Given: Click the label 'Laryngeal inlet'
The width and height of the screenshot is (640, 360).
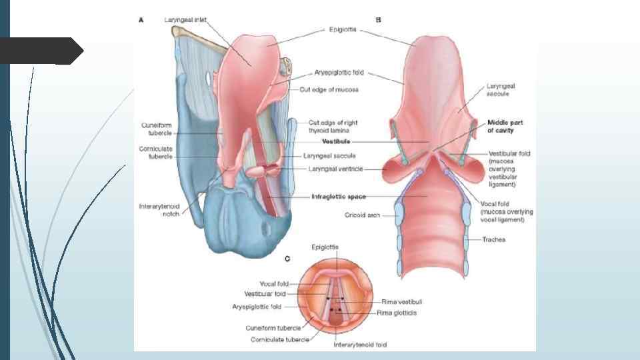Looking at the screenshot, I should point(185,20).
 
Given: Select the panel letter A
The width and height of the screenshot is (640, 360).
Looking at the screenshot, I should point(141,20).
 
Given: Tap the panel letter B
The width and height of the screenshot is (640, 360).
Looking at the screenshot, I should point(379,20).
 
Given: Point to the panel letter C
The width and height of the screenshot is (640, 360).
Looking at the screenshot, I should point(287,258).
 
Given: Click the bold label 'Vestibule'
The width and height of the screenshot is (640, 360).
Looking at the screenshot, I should point(336,141).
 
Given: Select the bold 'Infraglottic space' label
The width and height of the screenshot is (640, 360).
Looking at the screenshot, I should point(338,197).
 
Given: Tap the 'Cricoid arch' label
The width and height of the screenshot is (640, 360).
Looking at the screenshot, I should point(363,215).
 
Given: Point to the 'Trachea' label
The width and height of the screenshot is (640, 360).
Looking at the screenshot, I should point(495,240).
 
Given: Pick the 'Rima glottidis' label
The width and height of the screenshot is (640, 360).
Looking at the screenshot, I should point(397,313).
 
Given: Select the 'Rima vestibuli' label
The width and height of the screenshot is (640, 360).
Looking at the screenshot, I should point(399,302).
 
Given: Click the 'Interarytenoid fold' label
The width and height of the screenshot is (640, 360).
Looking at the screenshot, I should point(359,345).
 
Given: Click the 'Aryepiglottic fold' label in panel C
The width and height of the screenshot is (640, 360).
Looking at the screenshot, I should point(257,307).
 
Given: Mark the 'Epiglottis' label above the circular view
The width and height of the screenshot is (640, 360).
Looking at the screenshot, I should point(325,247).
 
